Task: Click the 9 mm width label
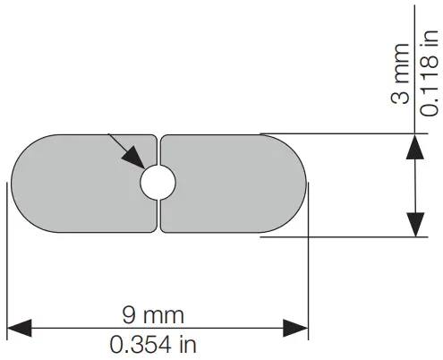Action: [154, 314]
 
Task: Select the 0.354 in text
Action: [154, 343]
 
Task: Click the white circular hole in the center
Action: [158, 182]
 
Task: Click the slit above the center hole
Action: [158, 149]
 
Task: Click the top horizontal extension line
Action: [340, 134]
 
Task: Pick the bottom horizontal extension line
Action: [340, 237]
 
